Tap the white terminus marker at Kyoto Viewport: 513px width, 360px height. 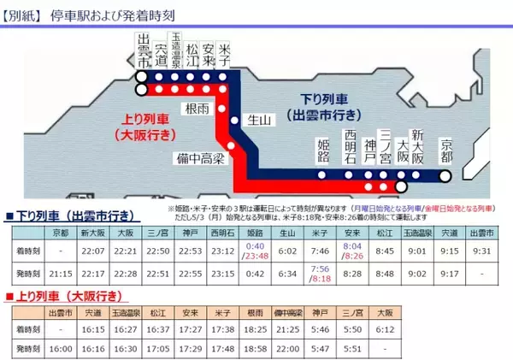pyautogui.click(x=445, y=177)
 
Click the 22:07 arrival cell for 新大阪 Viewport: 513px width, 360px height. pyautogui.click(x=92, y=250)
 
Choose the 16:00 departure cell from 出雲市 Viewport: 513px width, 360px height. pyautogui.click(x=59, y=349)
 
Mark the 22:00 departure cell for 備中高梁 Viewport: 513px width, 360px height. pyautogui.click(x=288, y=349)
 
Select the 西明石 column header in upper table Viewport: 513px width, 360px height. pyautogui.click(x=222, y=233)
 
